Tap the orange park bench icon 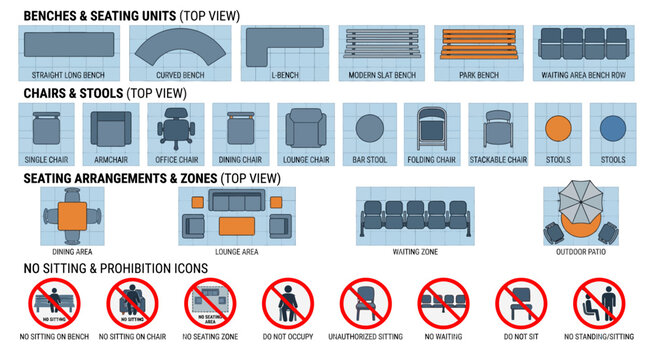478,46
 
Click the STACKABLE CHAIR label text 497,160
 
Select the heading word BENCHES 54,17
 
